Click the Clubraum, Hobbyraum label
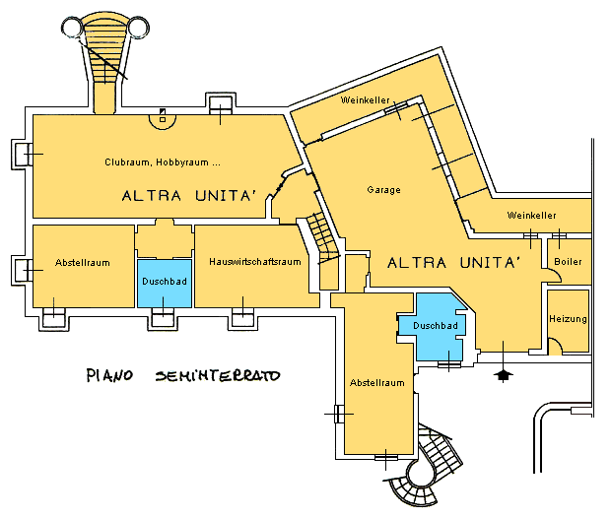point(162,162)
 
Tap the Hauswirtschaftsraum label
point(254,262)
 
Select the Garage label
point(383,190)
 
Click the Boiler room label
point(569,262)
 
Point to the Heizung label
point(569,319)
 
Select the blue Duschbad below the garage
point(435,327)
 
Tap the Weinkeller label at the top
point(361,100)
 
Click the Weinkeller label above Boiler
point(531,215)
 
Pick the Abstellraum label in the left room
point(82,263)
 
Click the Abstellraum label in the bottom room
point(378,382)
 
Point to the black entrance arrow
point(504,374)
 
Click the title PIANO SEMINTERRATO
point(183,375)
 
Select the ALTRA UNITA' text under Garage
point(454,264)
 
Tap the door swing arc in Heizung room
point(555,344)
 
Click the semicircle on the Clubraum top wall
point(163,118)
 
